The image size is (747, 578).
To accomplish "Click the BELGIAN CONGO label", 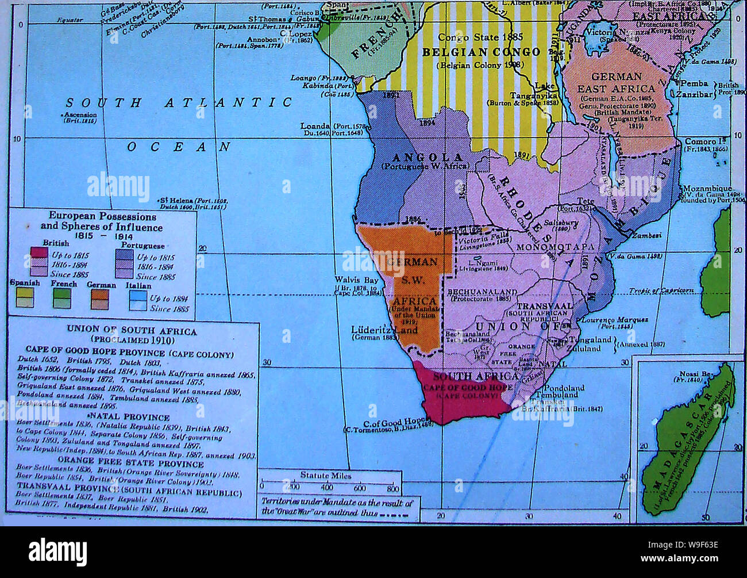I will pyautogui.click(x=481, y=52).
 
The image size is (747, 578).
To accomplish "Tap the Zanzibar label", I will pyautogui.click(x=694, y=94).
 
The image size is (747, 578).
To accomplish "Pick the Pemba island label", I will pyautogui.click(x=694, y=83).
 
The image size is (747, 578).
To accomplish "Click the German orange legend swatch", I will pyautogui.click(x=101, y=298).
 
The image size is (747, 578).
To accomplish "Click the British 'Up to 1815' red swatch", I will pyautogui.click(x=38, y=254).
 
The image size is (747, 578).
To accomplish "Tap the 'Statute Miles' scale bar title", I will pyautogui.click(x=325, y=475).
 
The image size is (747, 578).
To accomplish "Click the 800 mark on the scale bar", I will pyautogui.click(x=393, y=489).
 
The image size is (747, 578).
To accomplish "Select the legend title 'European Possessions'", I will pyautogui.click(x=102, y=216).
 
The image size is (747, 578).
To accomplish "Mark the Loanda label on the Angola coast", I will pyautogui.click(x=315, y=126).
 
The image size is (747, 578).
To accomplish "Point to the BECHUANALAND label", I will pyautogui.click(x=482, y=292).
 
